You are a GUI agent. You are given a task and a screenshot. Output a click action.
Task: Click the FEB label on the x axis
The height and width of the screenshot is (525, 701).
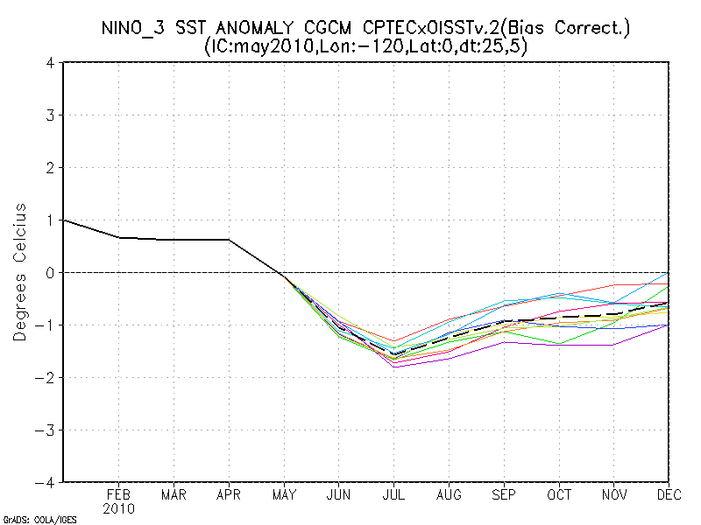coord(118,494)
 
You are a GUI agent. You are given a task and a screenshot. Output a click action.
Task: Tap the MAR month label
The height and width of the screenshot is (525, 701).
coord(173,494)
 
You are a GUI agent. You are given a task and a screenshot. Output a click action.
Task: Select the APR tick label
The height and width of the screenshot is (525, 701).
coord(229,494)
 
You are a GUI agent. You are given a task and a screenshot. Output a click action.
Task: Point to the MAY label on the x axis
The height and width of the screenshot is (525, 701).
coord(284,494)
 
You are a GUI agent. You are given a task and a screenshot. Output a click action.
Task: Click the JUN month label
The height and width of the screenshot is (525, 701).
coord(339,494)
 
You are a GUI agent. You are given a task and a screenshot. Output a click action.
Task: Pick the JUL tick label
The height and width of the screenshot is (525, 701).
coord(394,494)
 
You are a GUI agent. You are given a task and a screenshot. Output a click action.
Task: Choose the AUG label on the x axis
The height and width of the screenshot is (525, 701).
coord(450,494)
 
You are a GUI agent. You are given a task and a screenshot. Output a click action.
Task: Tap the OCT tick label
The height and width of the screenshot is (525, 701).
coord(560,494)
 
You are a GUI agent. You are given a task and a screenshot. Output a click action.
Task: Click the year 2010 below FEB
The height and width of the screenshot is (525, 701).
coord(118,507)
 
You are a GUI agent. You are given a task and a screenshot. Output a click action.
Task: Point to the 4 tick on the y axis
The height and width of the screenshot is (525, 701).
coord(52,63)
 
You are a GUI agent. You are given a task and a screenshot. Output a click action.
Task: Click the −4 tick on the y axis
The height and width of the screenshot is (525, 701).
coord(48,482)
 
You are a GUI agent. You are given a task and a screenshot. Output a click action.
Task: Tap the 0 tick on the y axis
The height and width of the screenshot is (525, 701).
coord(52,272)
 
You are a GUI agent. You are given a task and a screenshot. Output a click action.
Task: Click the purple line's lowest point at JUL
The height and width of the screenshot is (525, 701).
coord(394,367)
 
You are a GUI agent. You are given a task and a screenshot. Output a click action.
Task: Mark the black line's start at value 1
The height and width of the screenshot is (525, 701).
coord(64,220)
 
